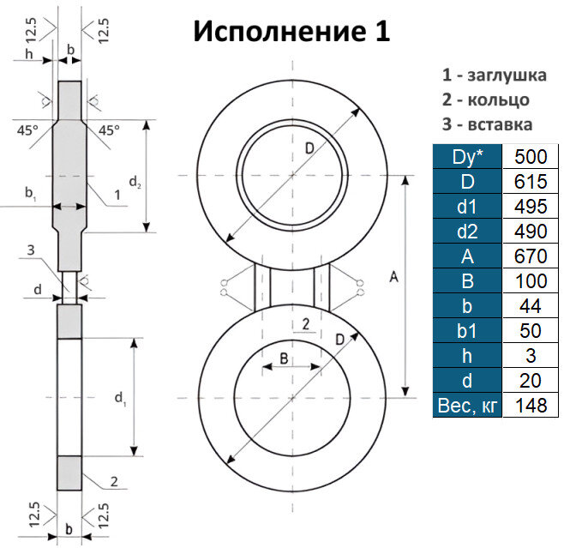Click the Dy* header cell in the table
[469, 157]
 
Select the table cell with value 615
[530, 182]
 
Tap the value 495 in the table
[530, 207]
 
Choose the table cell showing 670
[530, 256]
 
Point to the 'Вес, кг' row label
[469, 404]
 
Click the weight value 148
[530, 404]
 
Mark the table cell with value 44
[530, 305]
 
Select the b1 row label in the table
[469, 330]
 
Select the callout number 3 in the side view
[30, 250]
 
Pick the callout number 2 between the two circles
[305, 323]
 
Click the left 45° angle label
[27, 130]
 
